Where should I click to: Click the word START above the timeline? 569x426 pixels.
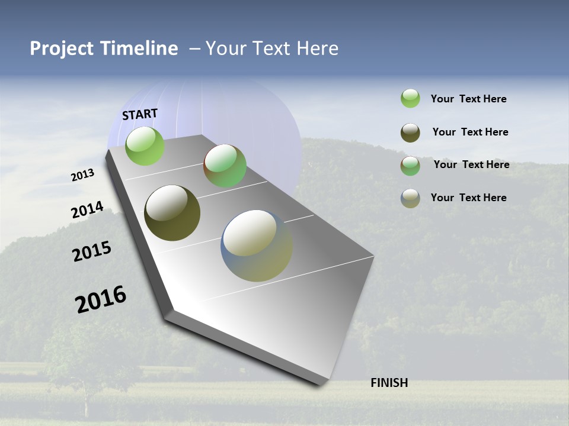[140, 114]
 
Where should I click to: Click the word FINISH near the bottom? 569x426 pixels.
[389, 383]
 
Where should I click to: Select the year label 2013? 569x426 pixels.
[82, 175]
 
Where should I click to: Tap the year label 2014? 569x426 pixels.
[87, 210]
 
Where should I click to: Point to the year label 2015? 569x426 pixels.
[92, 251]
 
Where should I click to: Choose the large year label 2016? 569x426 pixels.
[101, 299]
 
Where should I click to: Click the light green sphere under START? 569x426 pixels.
[145, 146]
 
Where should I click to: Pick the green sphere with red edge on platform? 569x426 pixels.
[225, 166]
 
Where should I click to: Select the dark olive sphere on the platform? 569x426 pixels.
[172, 213]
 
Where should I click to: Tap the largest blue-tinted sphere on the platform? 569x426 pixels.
[256, 246]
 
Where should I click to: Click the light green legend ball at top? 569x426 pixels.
[410, 98]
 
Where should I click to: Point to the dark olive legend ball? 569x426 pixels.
[410, 133]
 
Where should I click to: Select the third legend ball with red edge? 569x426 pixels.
[410, 166]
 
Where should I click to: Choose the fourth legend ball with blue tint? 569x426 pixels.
[410, 198]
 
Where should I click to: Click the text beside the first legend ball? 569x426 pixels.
[468, 99]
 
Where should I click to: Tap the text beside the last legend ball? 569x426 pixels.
[468, 198]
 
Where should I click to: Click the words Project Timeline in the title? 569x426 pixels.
[104, 49]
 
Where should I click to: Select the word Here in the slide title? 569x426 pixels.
[317, 49]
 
